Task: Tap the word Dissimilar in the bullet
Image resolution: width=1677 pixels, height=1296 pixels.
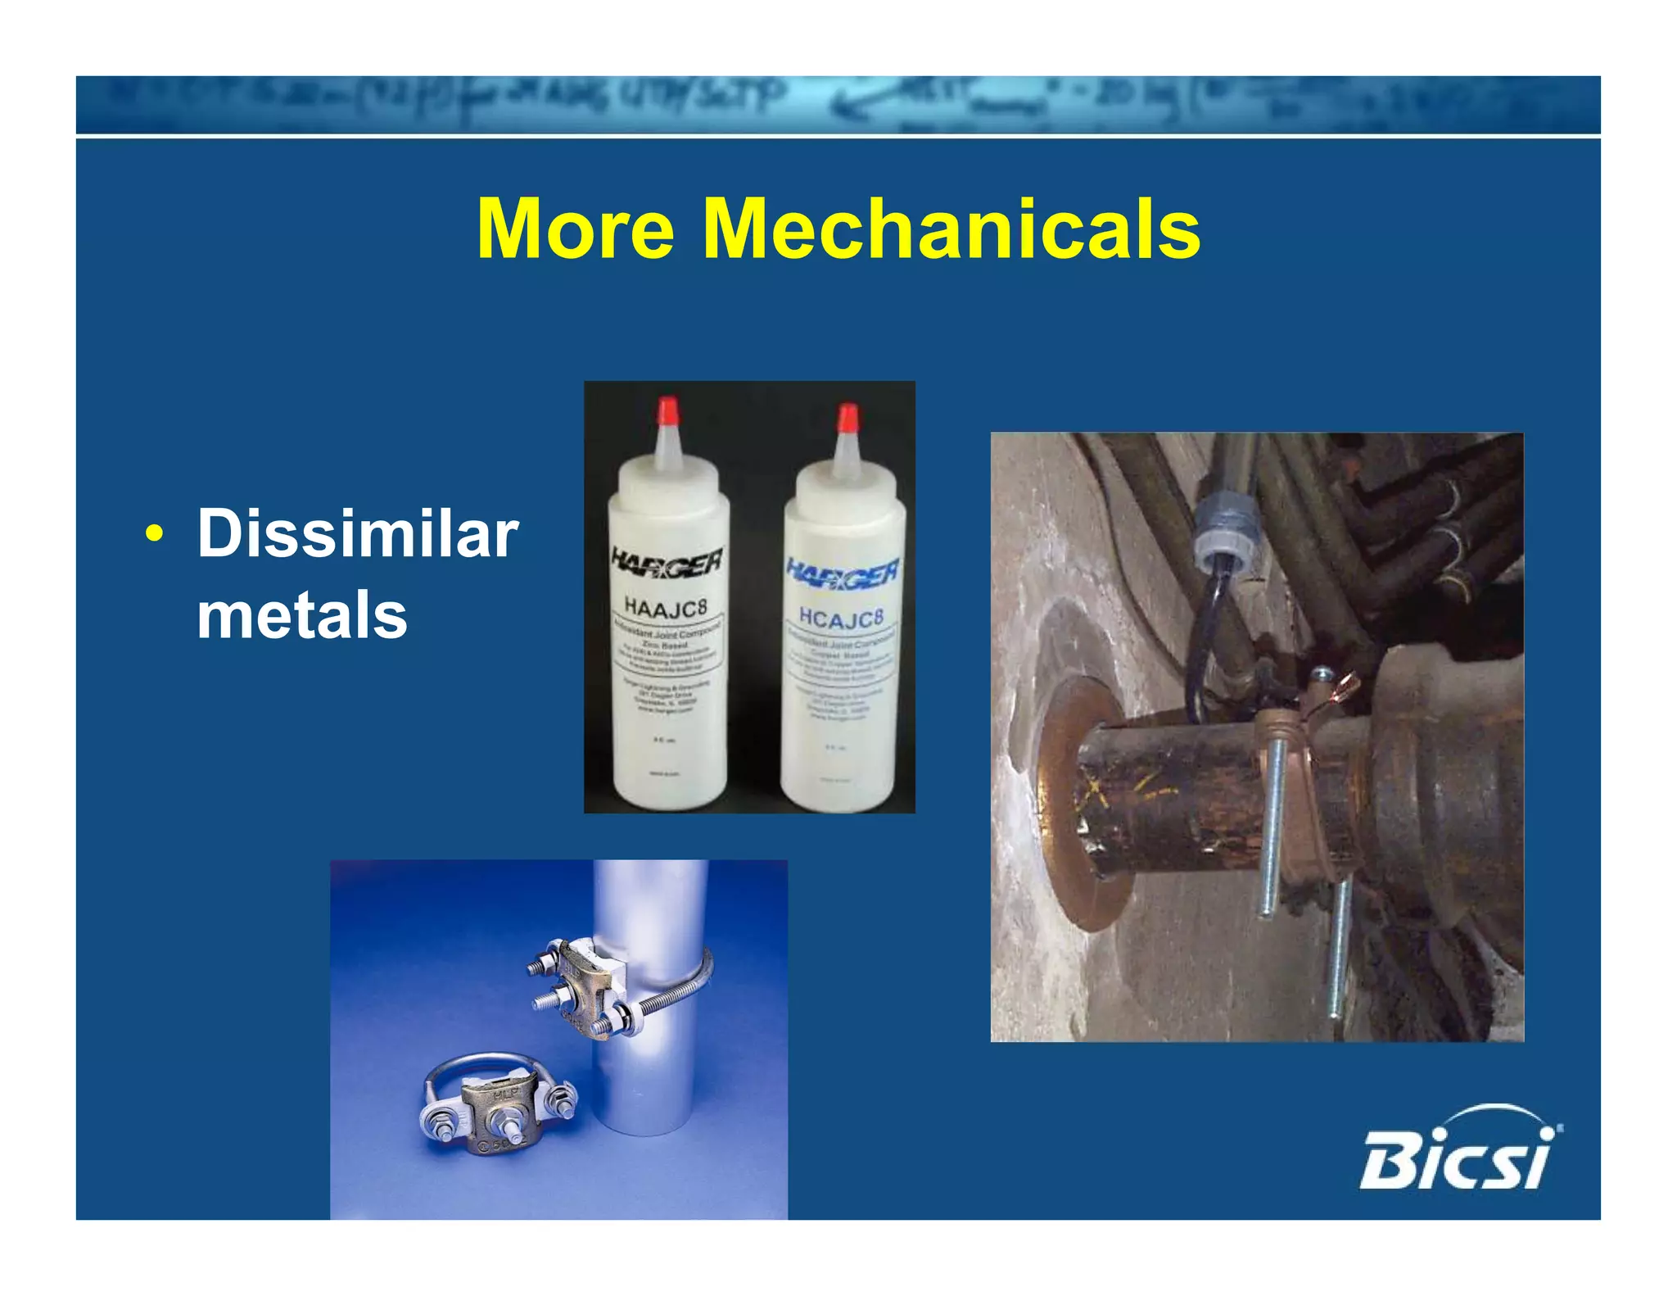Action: [x=358, y=534]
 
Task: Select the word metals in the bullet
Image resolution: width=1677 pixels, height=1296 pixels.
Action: [x=301, y=615]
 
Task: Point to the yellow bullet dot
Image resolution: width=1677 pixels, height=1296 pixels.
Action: [x=153, y=535]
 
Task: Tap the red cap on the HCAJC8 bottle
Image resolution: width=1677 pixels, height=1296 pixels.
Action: [x=847, y=417]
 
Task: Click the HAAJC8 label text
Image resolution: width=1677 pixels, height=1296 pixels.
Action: [x=665, y=607]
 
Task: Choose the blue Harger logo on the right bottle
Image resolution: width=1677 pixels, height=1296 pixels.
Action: [x=843, y=570]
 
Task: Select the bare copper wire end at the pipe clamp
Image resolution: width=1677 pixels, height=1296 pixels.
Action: [x=1343, y=684]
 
